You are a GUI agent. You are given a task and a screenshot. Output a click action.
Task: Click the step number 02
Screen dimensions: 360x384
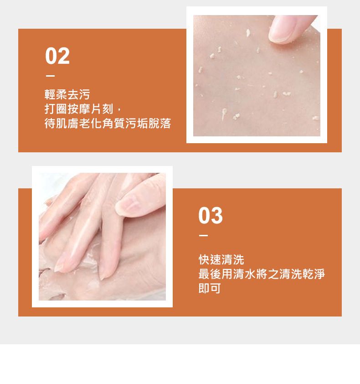57,56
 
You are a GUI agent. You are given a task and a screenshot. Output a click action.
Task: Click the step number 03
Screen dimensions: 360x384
211,216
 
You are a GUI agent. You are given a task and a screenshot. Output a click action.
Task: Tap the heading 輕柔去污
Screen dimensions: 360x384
67,94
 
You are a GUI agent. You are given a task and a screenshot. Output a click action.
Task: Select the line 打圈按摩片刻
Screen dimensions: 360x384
79,109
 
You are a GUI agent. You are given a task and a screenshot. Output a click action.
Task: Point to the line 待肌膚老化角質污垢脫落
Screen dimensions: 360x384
108,123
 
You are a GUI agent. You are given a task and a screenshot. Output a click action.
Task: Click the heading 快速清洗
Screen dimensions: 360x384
221,259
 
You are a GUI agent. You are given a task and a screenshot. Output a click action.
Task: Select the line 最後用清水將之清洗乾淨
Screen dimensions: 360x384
262,274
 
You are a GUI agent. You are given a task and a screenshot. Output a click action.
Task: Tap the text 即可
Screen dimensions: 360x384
210,288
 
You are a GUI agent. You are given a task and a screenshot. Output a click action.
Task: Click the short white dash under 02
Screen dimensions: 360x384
50,76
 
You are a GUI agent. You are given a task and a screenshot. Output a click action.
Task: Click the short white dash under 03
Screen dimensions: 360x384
203,236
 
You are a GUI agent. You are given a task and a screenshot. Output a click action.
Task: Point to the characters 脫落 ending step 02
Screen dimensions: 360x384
159,123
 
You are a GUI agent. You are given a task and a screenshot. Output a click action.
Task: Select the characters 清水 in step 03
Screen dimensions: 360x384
244,274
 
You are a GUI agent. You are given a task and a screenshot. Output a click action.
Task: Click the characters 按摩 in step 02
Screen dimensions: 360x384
79,109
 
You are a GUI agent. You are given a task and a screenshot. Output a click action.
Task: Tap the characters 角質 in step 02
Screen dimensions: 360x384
113,123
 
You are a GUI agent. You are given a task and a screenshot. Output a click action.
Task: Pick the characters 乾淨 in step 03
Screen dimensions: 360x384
314,274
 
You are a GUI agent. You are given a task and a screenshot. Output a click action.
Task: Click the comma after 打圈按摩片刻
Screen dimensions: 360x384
119,110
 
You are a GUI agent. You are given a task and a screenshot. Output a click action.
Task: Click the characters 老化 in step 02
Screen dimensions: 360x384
90,123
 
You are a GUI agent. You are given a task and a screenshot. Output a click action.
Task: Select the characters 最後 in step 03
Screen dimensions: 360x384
210,274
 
